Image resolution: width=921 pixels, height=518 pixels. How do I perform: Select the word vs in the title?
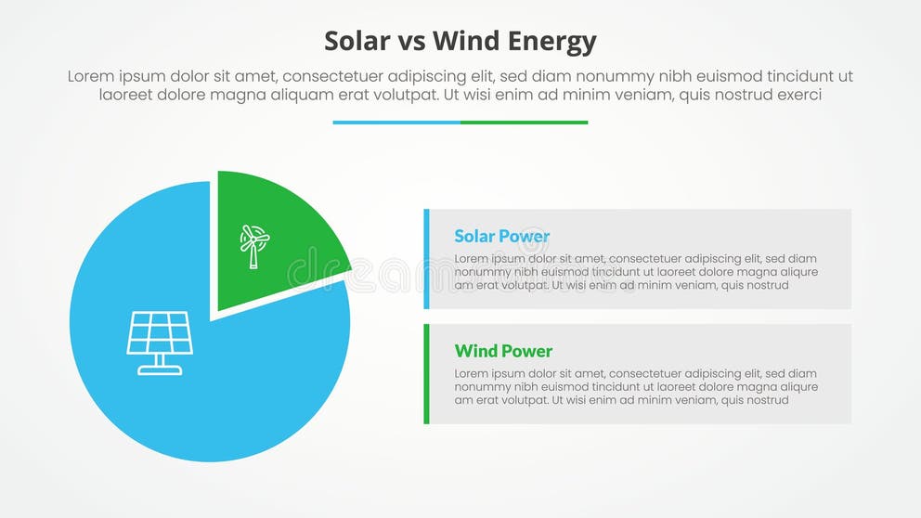[409, 43]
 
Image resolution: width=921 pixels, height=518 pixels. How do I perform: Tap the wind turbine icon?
[253, 245]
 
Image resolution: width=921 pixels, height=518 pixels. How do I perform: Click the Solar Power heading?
[501, 237]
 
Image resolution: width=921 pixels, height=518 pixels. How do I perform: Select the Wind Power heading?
[503, 351]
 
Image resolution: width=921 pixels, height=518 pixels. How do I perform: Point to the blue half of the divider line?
[396, 122]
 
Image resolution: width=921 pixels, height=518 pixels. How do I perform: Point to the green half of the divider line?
[524, 122]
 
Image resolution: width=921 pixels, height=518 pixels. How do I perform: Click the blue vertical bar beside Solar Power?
[426, 259]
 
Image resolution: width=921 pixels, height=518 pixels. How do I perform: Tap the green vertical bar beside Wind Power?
[426, 373]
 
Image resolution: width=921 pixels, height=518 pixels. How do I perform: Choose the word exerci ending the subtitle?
[798, 95]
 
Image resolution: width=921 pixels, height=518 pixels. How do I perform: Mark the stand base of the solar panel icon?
[160, 370]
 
